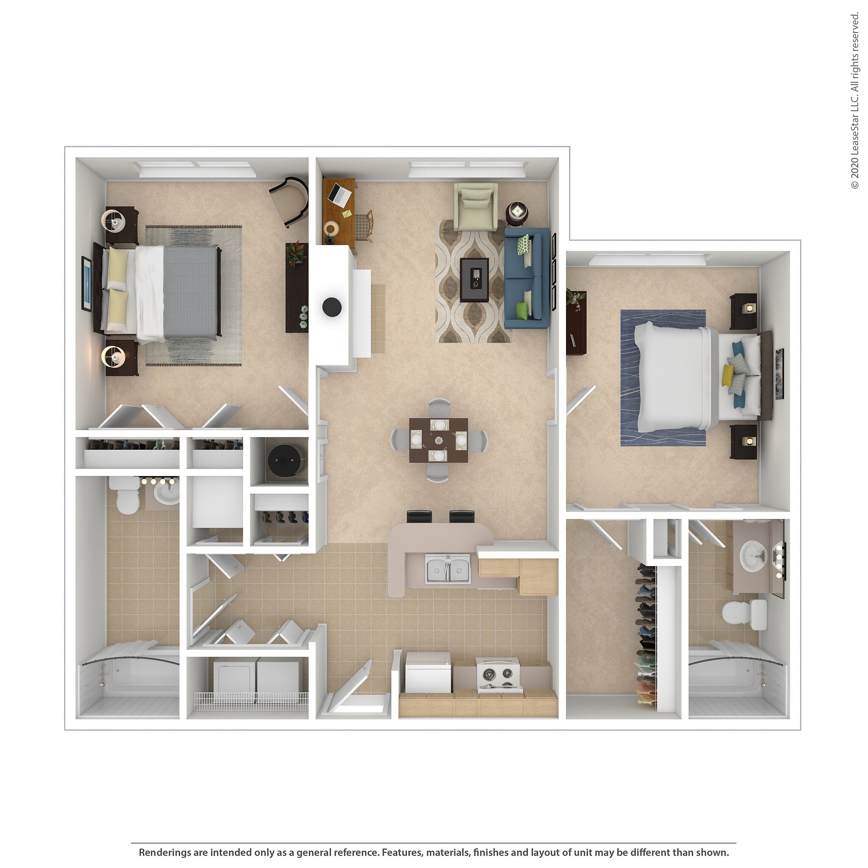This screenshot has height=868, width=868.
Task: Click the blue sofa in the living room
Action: click(x=526, y=278)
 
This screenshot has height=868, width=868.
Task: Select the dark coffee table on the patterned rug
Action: click(x=474, y=280)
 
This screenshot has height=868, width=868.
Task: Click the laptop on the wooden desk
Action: click(x=339, y=193)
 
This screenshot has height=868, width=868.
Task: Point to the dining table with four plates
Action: click(x=438, y=440)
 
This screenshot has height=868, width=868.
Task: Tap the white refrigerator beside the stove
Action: click(x=428, y=673)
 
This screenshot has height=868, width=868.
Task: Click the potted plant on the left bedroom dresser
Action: click(x=295, y=253)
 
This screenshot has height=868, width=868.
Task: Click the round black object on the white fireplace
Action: click(x=332, y=307)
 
